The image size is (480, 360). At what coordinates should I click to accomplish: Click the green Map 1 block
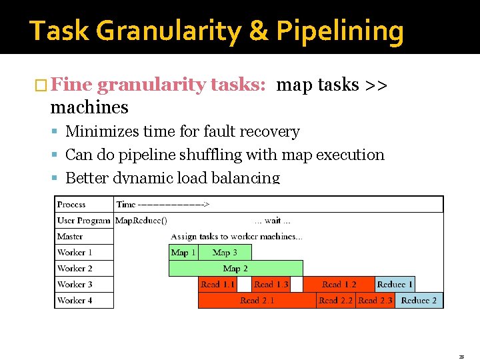[183, 252]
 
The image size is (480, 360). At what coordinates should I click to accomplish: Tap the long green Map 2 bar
[235, 268]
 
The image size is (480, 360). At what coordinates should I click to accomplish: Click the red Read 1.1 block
[218, 284]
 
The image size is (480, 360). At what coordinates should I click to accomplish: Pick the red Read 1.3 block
[272, 284]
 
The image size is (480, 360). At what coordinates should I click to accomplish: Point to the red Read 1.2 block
[339, 284]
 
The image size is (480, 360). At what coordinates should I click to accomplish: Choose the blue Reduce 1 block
[395, 284]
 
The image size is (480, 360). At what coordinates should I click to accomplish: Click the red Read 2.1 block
[257, 300]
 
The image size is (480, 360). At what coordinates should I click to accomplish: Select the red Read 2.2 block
[335, 300]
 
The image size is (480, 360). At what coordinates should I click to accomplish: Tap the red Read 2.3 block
[375, 300]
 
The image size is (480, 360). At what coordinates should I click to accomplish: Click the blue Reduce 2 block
[419, 300]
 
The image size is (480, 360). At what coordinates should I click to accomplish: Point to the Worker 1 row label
[75, 252]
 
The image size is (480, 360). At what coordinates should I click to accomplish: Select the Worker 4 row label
[75, 300]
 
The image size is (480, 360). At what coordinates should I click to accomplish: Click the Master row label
[70, 236]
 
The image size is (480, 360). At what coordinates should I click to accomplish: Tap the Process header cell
[71, 204]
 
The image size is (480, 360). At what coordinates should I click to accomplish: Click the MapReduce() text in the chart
[141, 220]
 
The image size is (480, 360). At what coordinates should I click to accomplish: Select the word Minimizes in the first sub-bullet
[98, 132]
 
